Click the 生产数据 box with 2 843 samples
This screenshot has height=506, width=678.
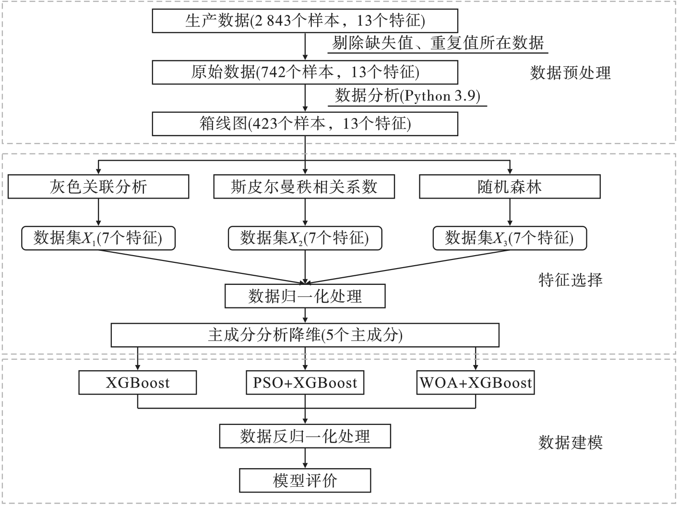click(305, 21)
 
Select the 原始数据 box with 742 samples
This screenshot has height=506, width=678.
click(305, 72)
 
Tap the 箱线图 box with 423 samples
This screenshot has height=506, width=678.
click(305, 124)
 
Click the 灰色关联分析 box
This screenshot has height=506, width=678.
click(98, 187)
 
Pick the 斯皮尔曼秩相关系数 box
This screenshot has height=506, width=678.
click(304, 187)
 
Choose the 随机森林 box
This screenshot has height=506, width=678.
click(510, 187)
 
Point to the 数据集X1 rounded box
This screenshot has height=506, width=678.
click(98, 238)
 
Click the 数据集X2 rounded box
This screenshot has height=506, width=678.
click(305, 238)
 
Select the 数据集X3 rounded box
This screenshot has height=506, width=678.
click(510, 238)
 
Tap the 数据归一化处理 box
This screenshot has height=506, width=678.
click(305, 296)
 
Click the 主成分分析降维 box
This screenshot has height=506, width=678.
click(305, 335)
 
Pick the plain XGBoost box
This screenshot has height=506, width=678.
click(138, 383)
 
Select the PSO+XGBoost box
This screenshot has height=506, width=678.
click(305, 383)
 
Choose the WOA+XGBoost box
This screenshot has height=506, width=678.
click(476, 383)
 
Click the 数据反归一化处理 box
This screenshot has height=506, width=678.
click(305, 436)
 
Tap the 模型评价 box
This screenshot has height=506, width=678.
click(305, 480)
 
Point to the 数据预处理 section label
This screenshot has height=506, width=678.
click(570, 73)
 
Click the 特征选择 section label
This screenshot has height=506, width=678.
click(570, 280)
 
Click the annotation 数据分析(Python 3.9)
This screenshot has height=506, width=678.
click(407, 96)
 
